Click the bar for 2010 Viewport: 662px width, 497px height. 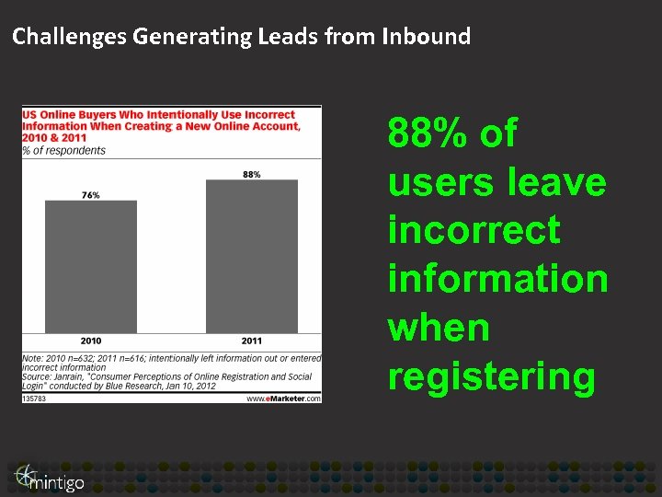coord(90,267)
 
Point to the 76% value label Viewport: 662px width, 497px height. coord(90,195)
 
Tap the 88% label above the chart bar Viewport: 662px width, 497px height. coord(251,174)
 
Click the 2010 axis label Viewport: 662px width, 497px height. coord(90,341)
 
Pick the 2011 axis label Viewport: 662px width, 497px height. coord(251,341)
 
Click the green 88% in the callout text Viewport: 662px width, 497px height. coord(428,134)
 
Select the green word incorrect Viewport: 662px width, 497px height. coord(474,229)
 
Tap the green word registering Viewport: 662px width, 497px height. coord(491,377)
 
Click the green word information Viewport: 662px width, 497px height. coord(497,278)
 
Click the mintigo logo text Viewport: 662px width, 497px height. coord(57,481)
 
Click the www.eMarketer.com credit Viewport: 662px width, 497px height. coord(283,398)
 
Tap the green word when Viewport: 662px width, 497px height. coord(439,328)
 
